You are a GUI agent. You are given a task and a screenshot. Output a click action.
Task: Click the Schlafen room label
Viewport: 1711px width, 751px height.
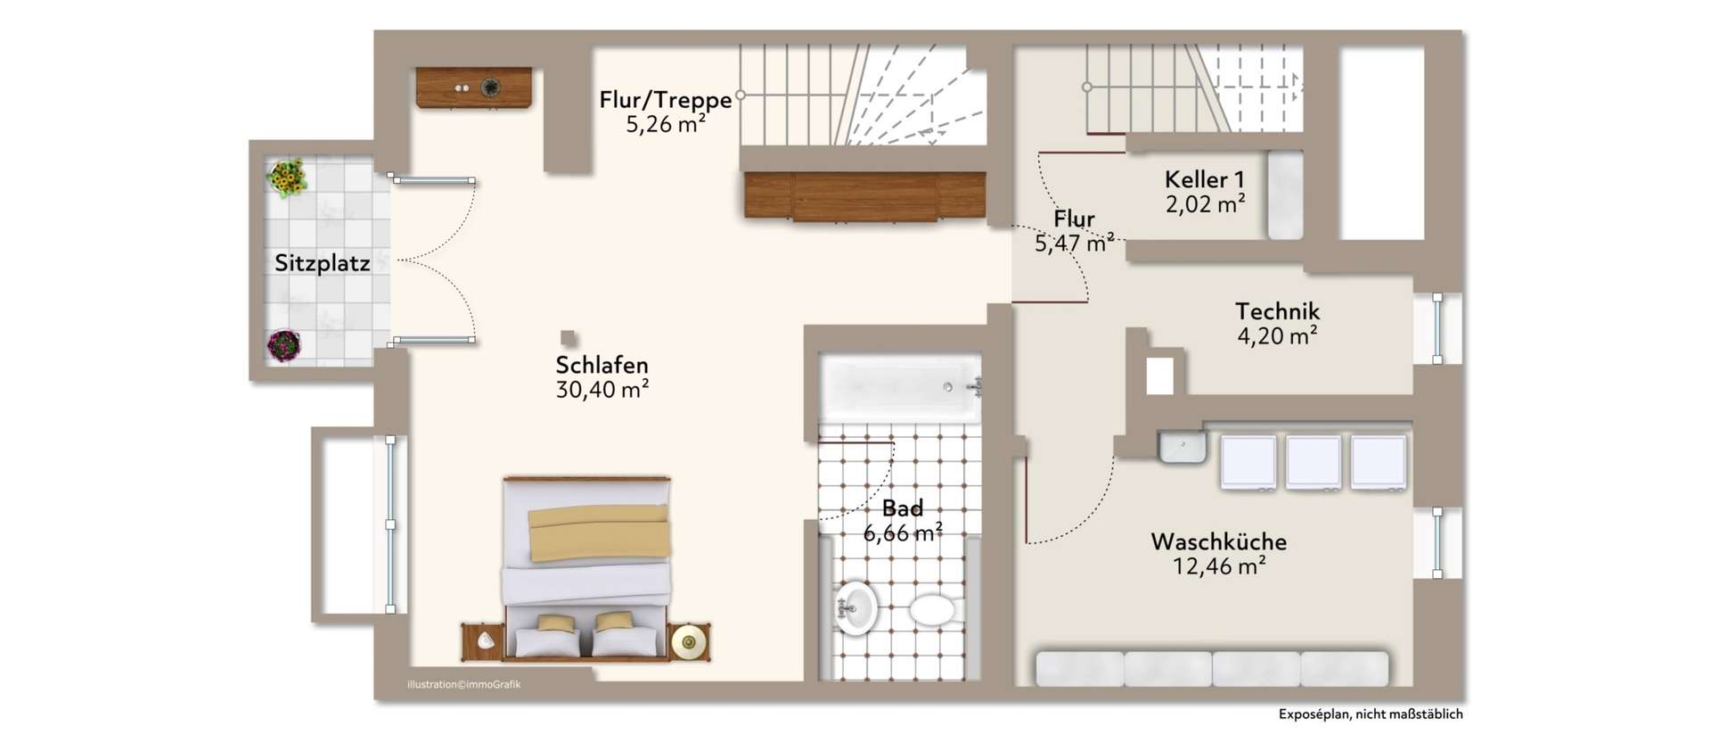point(602,365)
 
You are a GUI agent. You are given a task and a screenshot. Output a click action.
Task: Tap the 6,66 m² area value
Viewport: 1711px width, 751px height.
point(903,533)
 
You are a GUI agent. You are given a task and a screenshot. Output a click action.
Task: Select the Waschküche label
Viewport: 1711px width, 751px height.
point(1218,541)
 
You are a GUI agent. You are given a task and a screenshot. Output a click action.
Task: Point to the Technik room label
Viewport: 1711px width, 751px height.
point(1277,311)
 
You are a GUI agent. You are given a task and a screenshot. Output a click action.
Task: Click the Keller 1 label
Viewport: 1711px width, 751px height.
point(1204,179)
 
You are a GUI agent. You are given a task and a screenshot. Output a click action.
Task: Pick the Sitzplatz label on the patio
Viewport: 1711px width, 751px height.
point(322,263)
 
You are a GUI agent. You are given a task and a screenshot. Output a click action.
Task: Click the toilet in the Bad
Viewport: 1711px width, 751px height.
point(932,611)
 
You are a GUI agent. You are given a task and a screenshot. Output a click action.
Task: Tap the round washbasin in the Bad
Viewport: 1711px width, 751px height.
point(855,608)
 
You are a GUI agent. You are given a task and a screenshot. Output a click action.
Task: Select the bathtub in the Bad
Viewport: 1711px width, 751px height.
point(900,387)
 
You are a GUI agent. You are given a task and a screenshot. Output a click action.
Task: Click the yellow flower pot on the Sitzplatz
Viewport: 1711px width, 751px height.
point(287,177)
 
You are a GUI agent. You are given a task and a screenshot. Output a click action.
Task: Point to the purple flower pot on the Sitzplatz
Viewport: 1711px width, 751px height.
point(283,344)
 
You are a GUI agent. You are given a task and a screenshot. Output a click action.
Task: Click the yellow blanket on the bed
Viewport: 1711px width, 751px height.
point(598,532)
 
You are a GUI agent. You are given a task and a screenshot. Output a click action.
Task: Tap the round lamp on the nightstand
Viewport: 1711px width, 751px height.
point(689,640)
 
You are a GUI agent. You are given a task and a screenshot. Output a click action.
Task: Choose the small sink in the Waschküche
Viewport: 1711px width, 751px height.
point(1183,446)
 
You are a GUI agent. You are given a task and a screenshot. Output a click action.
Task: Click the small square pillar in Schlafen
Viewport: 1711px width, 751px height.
point(568,338)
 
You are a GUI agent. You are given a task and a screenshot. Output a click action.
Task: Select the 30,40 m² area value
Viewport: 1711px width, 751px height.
point(602,390)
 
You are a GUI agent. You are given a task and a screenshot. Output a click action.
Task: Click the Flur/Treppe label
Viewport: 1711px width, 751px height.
point(665,100)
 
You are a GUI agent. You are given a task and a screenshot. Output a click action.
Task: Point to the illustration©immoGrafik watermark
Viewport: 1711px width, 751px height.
point(463,685)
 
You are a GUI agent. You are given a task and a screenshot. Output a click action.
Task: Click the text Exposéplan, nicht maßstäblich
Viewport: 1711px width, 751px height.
point(1370,714)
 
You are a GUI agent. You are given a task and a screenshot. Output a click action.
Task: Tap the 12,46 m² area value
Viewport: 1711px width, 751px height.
point(1218,566)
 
